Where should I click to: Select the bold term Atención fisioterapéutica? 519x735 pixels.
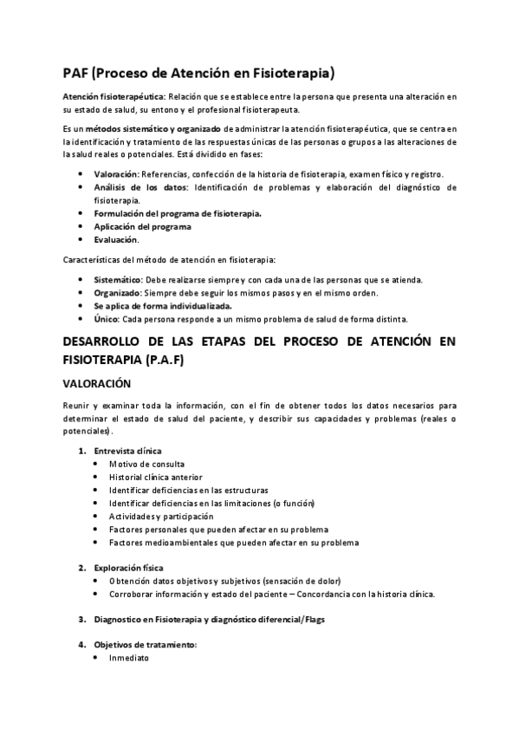tap(114, 97)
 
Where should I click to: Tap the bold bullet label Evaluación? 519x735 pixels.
tap(115, 239)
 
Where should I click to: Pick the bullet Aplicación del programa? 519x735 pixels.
tap(143, 226)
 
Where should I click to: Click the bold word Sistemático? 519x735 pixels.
tap(118, 279)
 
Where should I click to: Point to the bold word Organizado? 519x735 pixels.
tap(117, 293)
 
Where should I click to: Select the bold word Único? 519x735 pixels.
tap(107, 320)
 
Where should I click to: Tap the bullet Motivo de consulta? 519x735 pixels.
tap(146, 464)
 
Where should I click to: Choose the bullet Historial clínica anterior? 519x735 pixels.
tap(155, 477)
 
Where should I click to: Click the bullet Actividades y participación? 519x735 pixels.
tap(160, 516)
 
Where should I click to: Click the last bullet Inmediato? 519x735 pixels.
tap(129, 658)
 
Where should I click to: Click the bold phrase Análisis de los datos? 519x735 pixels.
tap(141, 186)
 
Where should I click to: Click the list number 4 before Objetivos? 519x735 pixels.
tap(81, 645)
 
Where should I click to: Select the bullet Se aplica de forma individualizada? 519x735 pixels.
tap(162, 306)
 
